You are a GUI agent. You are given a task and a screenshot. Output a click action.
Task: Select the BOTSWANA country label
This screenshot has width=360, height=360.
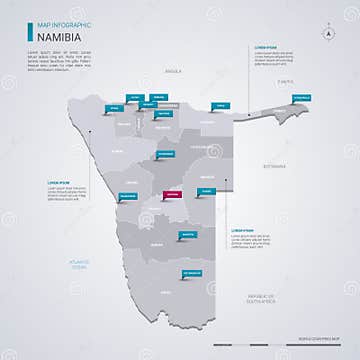click(x=276, y=165)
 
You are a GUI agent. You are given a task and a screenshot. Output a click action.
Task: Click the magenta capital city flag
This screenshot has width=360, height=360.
click(x=173, y=194)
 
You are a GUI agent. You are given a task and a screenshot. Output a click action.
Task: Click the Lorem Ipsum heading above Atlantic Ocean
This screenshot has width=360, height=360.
click(x=59, y=182)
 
